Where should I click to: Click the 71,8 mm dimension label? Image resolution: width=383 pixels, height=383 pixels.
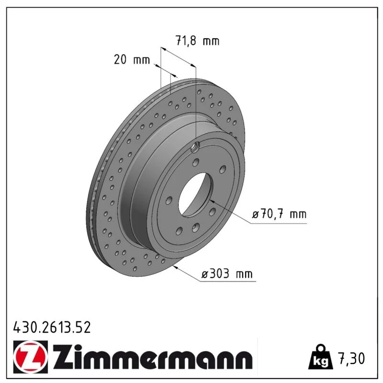pos(197,41)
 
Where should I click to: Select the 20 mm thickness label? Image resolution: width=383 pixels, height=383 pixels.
pos(132,59)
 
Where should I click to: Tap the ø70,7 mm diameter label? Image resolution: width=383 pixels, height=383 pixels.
pos(279,214)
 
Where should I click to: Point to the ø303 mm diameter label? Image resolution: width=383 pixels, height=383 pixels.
pos(226,273)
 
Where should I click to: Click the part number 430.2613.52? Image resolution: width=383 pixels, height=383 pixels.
pos(52,327)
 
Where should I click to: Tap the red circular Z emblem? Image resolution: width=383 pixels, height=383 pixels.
pos(31,357)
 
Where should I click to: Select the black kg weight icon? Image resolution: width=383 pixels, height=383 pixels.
pos(320,358)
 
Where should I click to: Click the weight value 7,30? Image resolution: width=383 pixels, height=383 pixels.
pos(351,358)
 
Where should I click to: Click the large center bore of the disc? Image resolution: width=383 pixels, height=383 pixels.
pos(195,195)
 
